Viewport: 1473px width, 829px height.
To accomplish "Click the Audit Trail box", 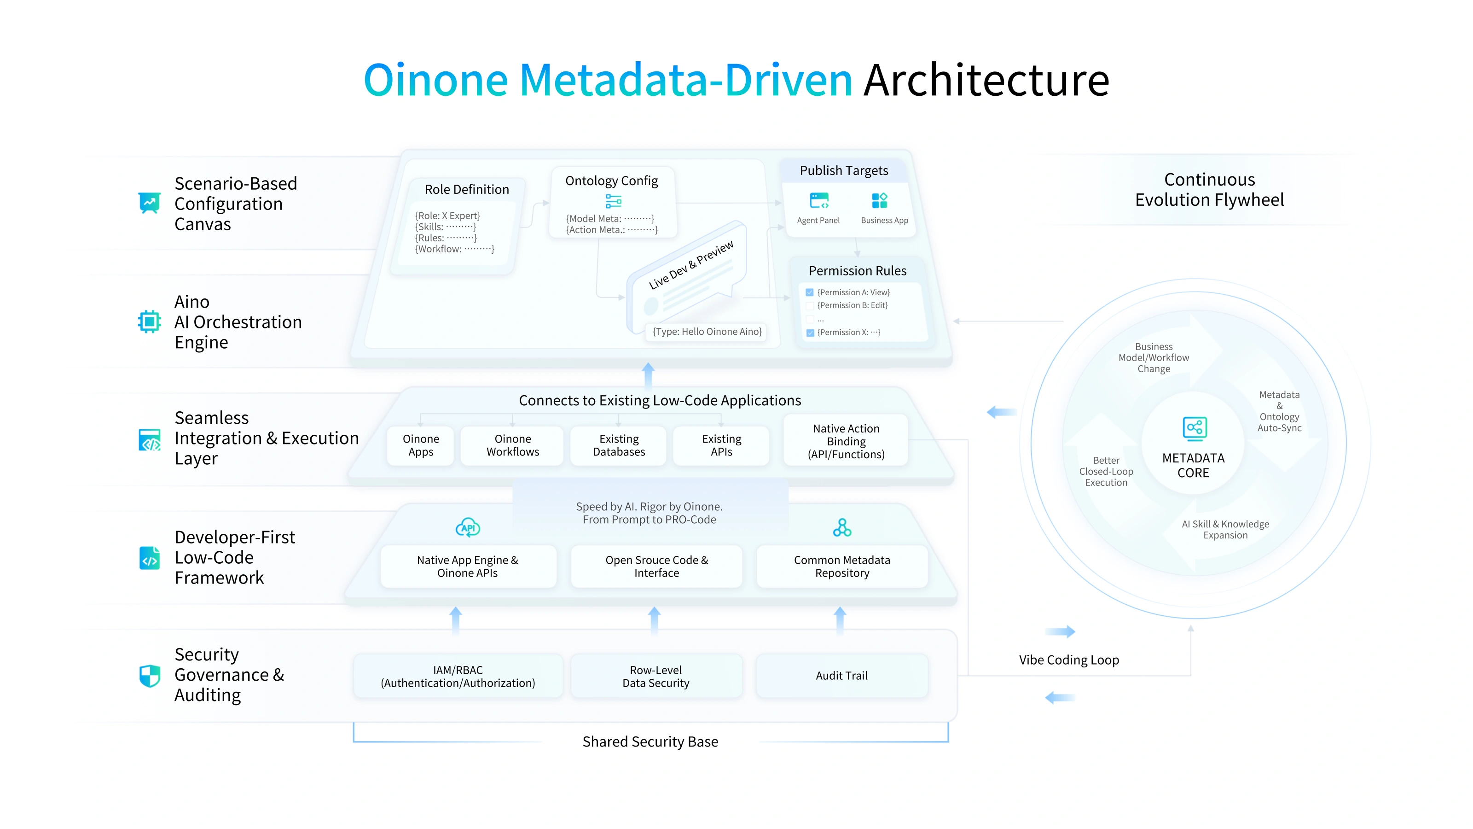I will coord(841,676).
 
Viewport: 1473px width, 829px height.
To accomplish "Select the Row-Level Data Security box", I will coord(656,676).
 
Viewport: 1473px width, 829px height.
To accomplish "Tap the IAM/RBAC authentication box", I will coord(458,676).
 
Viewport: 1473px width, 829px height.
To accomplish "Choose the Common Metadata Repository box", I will coord(842,566).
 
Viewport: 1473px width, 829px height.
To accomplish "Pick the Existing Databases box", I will coord(619,445).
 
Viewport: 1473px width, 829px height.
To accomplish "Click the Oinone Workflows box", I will coord(512,445).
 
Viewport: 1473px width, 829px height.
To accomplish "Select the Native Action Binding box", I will coord(846,441).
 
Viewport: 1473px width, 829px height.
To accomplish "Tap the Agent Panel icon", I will coord(819,201).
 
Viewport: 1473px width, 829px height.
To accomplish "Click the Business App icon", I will coord(880,201).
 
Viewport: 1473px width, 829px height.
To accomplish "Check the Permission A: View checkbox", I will coord(810,292).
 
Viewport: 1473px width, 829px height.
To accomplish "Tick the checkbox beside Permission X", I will coord(810,333).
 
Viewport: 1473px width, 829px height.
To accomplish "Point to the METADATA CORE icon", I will coord(1194,428).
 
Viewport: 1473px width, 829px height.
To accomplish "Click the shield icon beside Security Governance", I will coord(150,676).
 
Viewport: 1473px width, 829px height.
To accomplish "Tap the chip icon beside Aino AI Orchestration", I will coord(149,321).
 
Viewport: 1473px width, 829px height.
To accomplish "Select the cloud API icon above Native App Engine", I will coord(468,527).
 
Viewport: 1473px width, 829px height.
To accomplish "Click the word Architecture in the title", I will coord(986,80).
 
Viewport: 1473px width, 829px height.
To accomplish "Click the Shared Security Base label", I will coord(650,742).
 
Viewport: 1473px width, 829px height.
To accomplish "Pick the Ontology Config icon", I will coord(613,201).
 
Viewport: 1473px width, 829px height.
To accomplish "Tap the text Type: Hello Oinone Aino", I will coord(708,332).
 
